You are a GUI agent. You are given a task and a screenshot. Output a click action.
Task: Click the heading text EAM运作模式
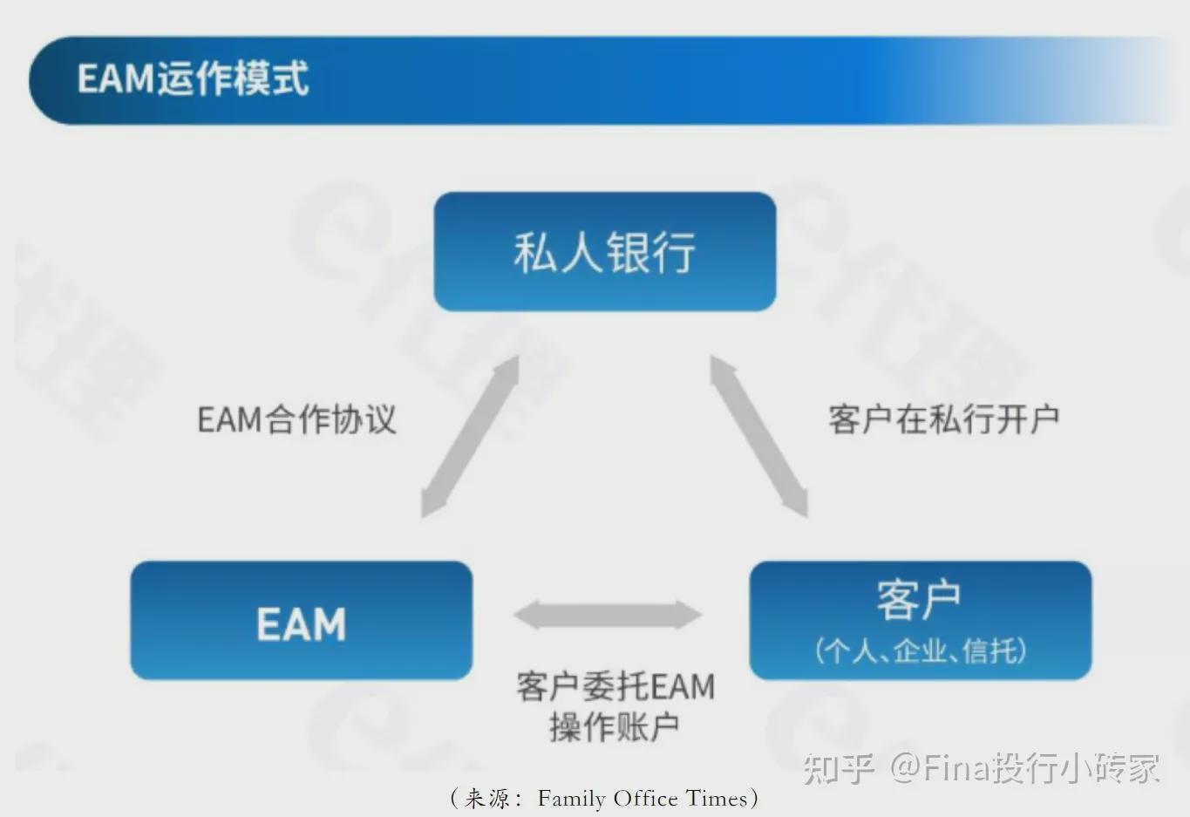[x=193, y=78]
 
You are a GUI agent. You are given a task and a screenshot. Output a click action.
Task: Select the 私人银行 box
[x=604, y=252]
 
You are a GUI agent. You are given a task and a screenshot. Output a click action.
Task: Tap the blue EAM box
[x=301, y=622]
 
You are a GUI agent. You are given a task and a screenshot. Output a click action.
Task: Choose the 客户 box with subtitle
[x=920, y=620]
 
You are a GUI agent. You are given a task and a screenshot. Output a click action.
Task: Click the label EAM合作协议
[x=296, y=419]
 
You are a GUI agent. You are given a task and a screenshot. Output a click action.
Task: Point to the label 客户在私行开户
[x=943, y=419]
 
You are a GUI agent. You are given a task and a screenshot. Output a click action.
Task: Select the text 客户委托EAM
[x=615, y=686]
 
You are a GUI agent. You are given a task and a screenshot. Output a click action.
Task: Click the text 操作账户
[x=614, y=726]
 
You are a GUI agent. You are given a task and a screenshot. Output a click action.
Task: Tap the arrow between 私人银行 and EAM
[x=470, y=437]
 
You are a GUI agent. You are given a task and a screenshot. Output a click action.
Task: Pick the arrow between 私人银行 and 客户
[x=758, y=437]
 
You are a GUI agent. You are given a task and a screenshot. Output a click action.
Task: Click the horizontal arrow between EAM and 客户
[x=608, y=615]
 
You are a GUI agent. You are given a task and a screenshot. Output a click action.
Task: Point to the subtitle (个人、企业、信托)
[x=920, y=650]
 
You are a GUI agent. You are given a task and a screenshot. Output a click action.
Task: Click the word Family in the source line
[x=572, y=798]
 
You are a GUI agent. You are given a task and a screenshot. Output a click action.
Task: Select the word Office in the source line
[x=645, y=798]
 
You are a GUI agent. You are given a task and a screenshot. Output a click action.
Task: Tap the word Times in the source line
[x=716, y=798]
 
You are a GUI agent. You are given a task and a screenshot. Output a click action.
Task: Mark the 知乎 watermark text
[x=837, y=768]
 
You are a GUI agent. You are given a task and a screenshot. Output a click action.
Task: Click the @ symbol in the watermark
[x=905, y=768]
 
